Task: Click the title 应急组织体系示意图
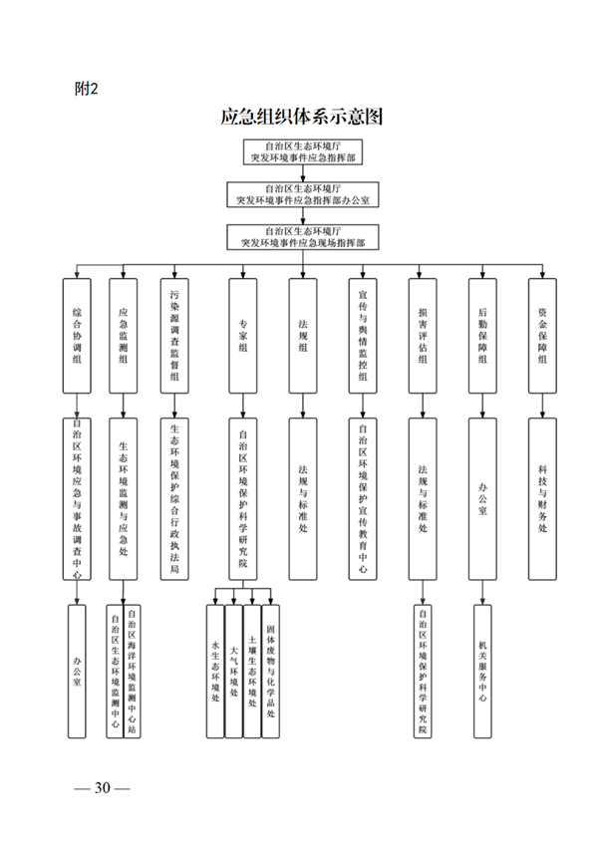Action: [302, 116]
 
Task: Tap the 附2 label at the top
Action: [87, 89]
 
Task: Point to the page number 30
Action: [102, 787]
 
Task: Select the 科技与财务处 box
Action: [542, 498]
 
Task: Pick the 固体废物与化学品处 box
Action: [269, 671]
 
